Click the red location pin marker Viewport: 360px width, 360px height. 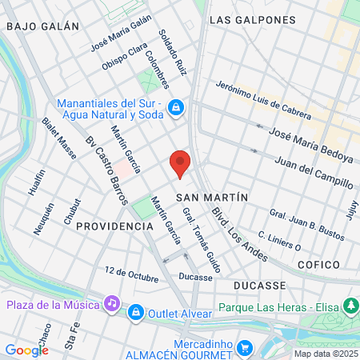pos(181,163)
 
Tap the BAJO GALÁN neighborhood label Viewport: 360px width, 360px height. pos(42,26)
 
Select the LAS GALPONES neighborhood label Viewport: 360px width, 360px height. pos(246,18)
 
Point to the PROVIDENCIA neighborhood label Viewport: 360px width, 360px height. pos(114,226)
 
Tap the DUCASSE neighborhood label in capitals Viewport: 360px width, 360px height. pos(260,285)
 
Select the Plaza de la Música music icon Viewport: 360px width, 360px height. pos(112,304)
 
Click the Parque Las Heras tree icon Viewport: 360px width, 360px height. pos(350,305)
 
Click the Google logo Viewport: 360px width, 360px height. pos(26,350)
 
